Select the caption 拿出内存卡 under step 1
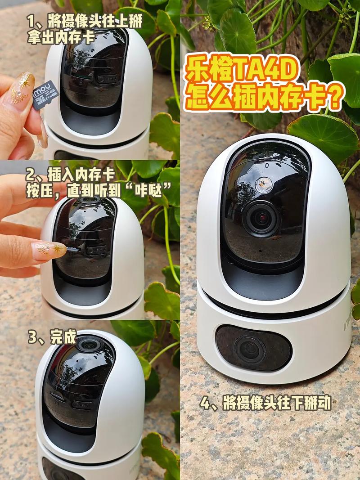(61, 37)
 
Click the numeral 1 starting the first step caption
(31, 20)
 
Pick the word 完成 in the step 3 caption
(63, 337)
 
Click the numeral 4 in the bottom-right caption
(206, 403)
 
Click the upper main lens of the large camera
(261, 218)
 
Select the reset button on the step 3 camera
(57, 397)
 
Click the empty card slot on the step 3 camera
(82, 404)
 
